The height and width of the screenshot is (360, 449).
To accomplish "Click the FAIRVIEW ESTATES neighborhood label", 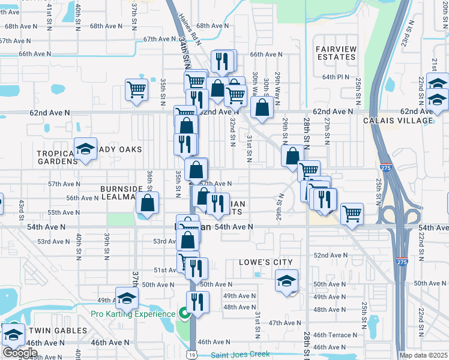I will click(x=336, y=52).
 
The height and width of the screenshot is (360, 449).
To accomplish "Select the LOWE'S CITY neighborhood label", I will click(x=265, y=262).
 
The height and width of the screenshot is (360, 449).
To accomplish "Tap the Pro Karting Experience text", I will click(x=133, y=314).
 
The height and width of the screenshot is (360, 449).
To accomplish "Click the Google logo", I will click(x=19, y=353).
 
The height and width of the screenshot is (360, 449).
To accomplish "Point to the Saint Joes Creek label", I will click(x=240, y=354).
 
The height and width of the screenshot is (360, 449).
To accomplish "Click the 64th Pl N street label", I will click(x=336, y=77).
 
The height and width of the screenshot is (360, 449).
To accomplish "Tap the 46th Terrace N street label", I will click(x=334, y=335).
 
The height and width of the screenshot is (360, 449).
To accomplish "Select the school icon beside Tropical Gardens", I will click(x=85, y=149).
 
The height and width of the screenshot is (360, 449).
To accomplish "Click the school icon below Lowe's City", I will click(x=287, y=281).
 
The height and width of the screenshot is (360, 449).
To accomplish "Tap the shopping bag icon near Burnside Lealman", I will click(x=147, y=203).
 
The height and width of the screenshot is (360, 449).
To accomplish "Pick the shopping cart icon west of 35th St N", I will click(x=137, y=90).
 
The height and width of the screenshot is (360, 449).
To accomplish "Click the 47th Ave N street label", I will click(x=283, y=323).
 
